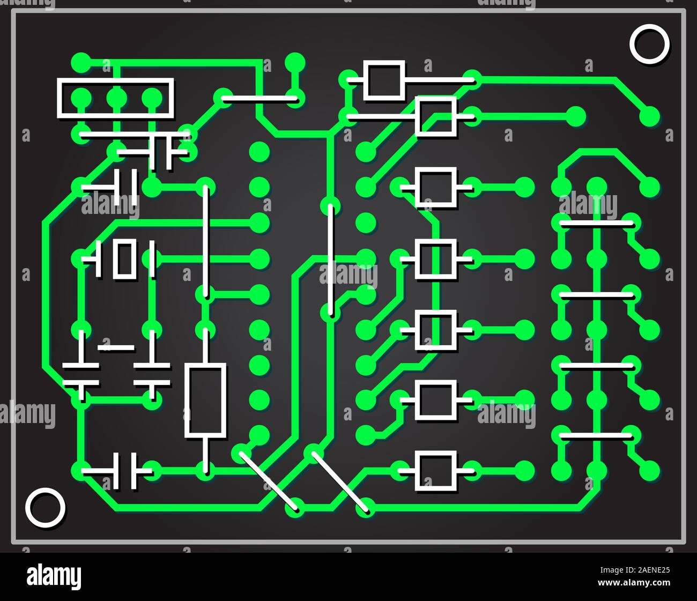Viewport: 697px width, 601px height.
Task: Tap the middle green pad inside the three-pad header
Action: tap(116, 98)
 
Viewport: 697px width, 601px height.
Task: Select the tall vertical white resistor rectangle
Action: tap(205, 400)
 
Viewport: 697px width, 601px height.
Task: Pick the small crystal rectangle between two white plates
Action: tap(124, 259)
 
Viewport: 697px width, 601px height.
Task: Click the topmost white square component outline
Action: tap(384, 80)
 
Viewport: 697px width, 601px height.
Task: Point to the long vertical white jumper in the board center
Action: tap(330, 258)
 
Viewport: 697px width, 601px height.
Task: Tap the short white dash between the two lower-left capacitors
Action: tap(116, 347)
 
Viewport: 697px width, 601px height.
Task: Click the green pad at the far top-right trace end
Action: tap(649, 115)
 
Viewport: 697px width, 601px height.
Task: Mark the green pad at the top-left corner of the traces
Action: tap(81, 62)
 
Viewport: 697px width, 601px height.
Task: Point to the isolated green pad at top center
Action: tap(294, 62)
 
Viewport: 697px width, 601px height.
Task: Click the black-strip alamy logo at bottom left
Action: tap(54, 577)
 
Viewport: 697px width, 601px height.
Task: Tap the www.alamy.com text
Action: tap(634, 583)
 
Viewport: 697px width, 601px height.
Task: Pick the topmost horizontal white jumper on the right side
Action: tap(596, 222)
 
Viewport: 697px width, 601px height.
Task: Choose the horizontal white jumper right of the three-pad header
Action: tap(259, 99)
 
